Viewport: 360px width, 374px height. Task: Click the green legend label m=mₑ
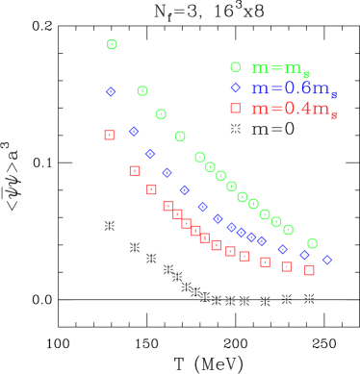[280, 68]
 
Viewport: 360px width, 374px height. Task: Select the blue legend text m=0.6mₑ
[294, 88]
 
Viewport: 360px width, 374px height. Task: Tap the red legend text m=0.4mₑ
[294, 109]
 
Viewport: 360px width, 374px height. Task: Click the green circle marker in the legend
[235, 67]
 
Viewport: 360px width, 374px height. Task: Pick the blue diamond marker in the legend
[235, 87]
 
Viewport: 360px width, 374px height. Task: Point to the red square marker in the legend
[235, 109]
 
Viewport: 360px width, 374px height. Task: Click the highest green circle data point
[112, 45]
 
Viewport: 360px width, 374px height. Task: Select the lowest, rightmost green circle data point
[312, 244]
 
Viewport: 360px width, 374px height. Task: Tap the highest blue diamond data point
[111, 92]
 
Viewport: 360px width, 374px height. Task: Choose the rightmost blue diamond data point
[326, 260]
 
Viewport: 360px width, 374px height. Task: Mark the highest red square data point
[109, 136]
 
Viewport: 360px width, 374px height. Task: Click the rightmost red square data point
[309, 270]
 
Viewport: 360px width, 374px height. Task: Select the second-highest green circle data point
[142, 91]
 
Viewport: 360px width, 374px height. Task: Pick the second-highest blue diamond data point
[134, 132]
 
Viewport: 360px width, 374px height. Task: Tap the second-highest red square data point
[135, 171]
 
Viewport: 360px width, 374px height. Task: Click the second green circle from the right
[288, 230]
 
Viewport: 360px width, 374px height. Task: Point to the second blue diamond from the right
[304, 255]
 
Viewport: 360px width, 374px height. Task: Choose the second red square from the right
[286, 266]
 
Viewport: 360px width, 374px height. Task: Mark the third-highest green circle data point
[161, 114]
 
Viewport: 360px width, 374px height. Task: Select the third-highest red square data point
[151, 190]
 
